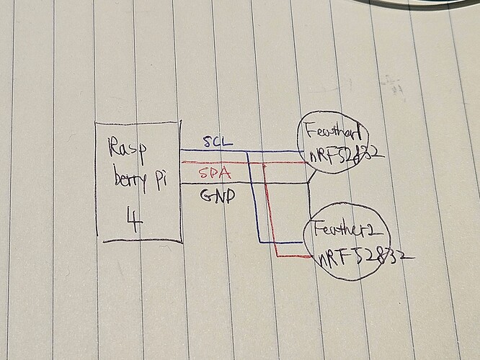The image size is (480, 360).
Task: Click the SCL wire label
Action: click(218, 142)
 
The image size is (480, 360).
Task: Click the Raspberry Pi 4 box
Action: click(138, 181)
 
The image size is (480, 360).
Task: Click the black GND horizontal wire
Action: click(245, 185)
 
